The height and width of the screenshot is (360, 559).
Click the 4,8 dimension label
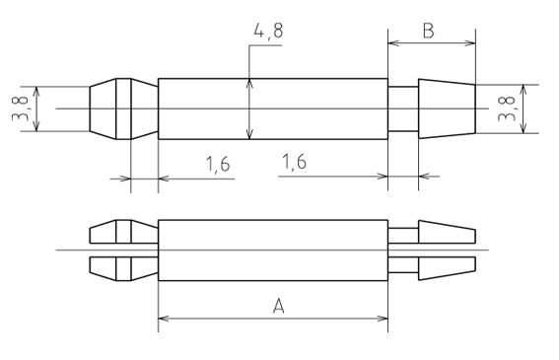click(269, 31)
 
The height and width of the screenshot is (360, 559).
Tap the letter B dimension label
click(428, 31)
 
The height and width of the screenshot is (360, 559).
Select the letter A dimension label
click(279, 306)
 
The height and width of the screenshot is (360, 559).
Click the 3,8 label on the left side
click(20, 108)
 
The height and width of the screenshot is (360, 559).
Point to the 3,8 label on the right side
click(506, 108)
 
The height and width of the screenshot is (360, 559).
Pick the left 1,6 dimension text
click(218, 164)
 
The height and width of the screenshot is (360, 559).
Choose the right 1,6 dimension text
click(294, 162)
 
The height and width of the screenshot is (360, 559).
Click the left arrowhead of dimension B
click(392, 43)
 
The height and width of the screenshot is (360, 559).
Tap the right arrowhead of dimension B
click(470, 43)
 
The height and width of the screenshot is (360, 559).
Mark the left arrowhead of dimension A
click(164, 319)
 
